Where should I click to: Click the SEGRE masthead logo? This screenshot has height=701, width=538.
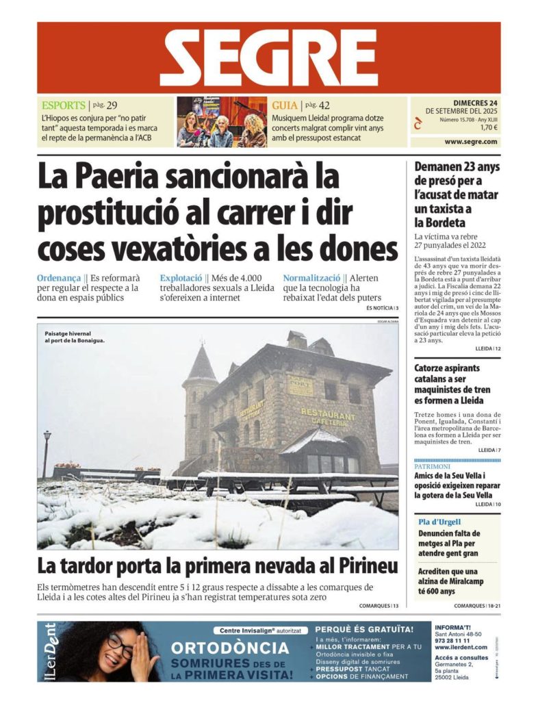pos(268,58)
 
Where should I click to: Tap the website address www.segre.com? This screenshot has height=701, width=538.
pos(472,142)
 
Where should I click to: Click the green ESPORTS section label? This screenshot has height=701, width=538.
pos(63,105)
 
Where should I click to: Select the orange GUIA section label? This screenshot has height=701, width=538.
pos(284,105)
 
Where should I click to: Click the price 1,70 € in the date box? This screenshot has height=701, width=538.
pos(488,127)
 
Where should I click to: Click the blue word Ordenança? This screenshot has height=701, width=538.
pos(60,279)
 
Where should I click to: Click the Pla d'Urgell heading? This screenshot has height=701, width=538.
pos(439,522)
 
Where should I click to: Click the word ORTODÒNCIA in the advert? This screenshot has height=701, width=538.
pos(230,648)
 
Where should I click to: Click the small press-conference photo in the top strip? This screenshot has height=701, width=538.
pos(221,122)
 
